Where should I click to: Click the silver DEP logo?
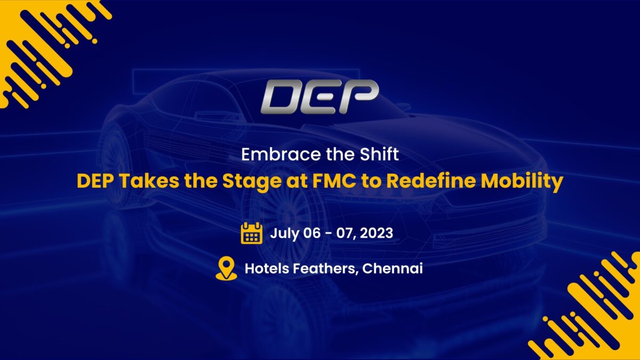[x=319, y=97]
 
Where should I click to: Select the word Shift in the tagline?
[x=379, y=154]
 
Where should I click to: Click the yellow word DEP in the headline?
[x=94, y=181]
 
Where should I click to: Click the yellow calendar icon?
[x=251, y=233]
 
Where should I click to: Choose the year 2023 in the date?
[x=377, y=233]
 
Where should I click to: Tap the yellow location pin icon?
[x=226, y=268]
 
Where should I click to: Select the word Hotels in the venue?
[x=267, y=268]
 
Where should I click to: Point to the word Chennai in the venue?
[x=393, y=268]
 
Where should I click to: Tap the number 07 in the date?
[x=346, y=234]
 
